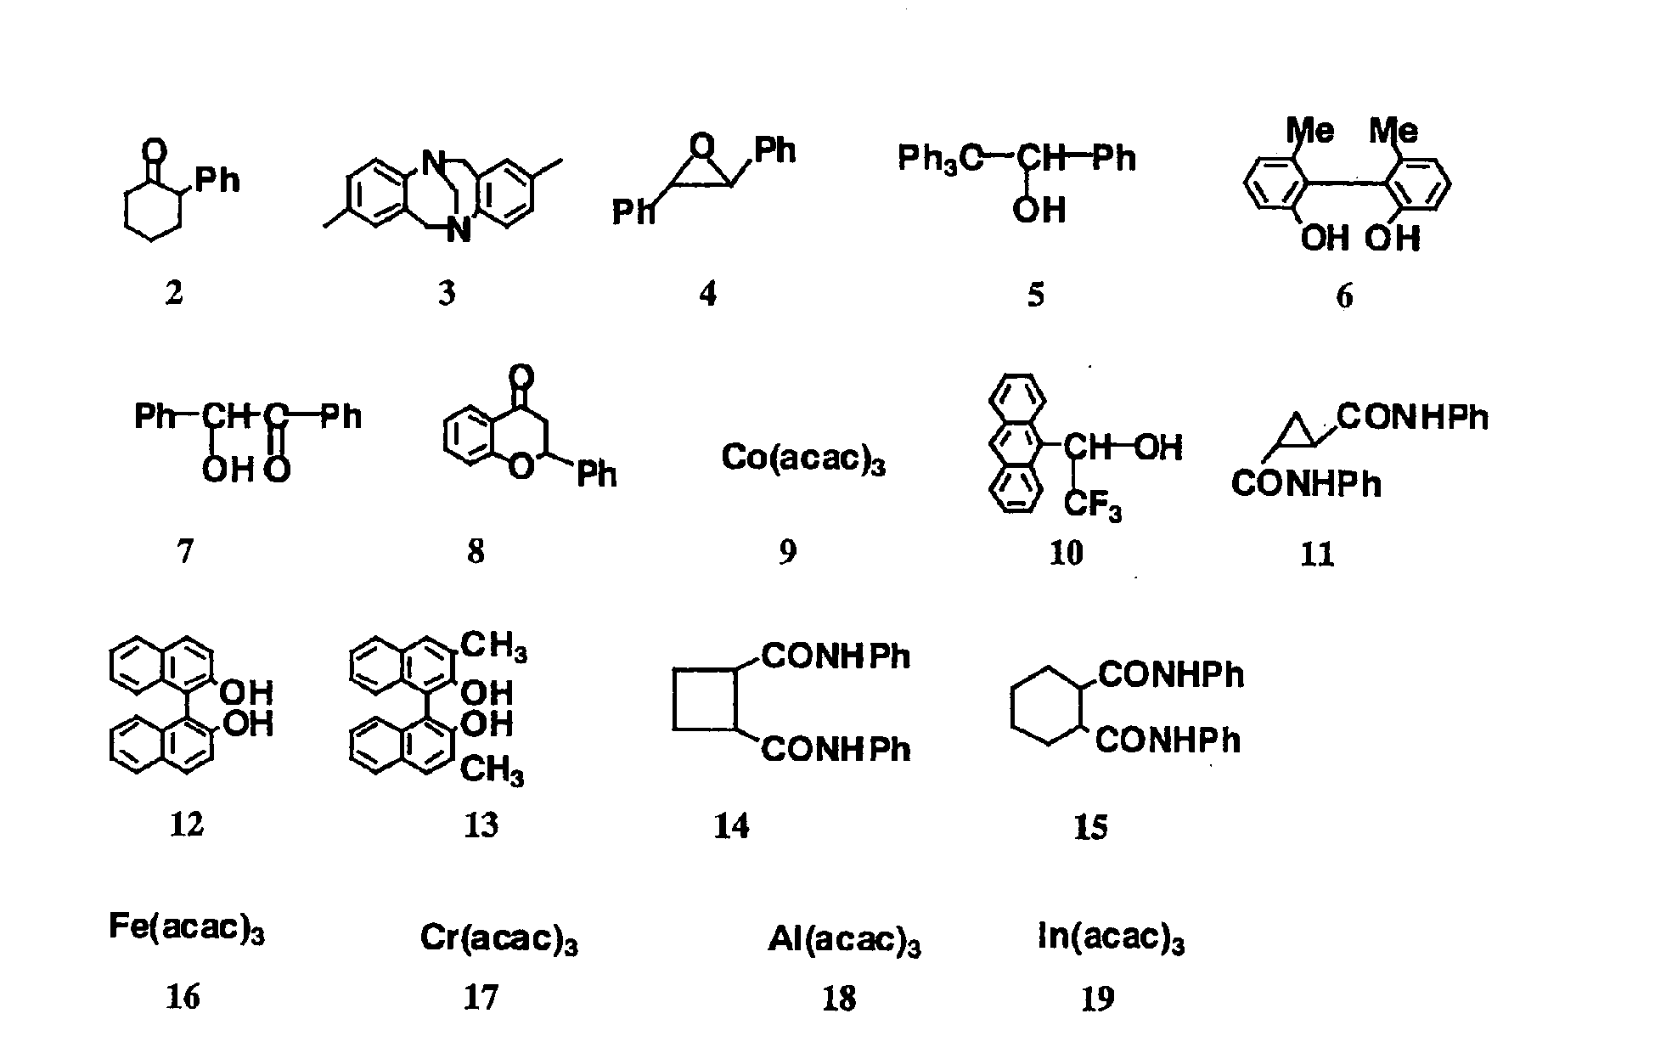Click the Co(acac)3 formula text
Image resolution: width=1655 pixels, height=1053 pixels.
pyautogui.click(x=803, y=459)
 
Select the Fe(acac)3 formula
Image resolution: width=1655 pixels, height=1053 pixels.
pyautogui.click(x=186, y=927)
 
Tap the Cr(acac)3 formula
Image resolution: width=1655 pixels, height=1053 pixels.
pyautogui.click(x=498, y=939)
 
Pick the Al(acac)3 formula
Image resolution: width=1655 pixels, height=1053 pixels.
pyautogui.click(x=844, y=940)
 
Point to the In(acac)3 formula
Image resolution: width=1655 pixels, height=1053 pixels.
pyautogui.click(x=1111, y=938)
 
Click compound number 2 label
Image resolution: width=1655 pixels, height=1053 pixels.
pyautogui.click(x=174, y=293)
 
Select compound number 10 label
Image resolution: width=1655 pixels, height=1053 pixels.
pyautogui.click(x=1067, y=553)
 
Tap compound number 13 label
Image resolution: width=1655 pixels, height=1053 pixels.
pyautogui.click(x=481, y=825)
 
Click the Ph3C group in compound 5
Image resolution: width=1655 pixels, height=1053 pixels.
pyautogui.click(x=939, y=159)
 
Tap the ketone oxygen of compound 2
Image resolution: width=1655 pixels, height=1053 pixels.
pyautogui.click(x=154, y=152)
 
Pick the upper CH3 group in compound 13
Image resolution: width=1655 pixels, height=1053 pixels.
pyautogui.click(x=493, y=647)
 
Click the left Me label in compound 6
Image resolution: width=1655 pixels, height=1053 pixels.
pyautogui.click(x=1310, y=131)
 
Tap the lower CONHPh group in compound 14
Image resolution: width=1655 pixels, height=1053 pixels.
pyautogui.click(x=836, y=749)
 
